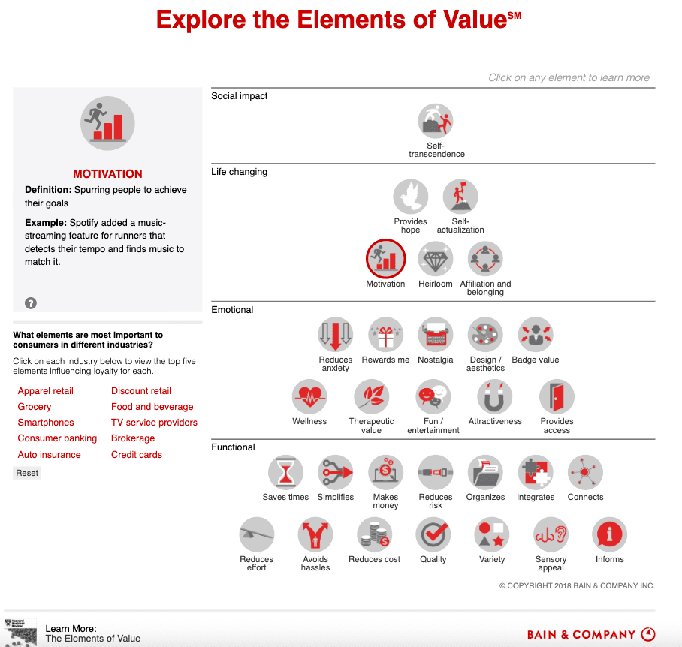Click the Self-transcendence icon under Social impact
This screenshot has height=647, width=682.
click(x=436, y=122)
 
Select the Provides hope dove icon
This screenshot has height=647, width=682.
click(x=410, y=197)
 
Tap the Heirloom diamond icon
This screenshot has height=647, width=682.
click(x=436, y=260)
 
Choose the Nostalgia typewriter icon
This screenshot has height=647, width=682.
click(x=436, y=335)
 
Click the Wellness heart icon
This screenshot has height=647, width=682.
click(x=309, y=397)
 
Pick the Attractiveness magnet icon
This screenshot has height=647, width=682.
click(x=494, y=397)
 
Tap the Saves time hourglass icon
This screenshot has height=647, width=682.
click(x=285, y=473)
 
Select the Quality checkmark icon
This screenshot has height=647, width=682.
click(x=433, y=535)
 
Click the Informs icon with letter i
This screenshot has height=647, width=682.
click(x=609, y=535)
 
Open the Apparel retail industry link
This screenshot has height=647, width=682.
click(x=46, y=391)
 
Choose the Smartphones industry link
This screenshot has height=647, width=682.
click(x=46, y=423)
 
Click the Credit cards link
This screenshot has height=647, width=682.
click(x=137, y=455)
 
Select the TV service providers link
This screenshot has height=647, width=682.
click(x=154, y=423)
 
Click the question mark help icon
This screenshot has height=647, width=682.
click(x=31, y=303)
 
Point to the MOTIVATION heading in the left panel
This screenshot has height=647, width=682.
click(x=107, y=174)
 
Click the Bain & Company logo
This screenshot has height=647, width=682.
click(x=590, y=635)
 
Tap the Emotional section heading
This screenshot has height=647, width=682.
click(x=232, y=310)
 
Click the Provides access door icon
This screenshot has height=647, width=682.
click(x=557, y=397)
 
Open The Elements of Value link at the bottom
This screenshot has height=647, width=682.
click(x=93, y=639)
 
